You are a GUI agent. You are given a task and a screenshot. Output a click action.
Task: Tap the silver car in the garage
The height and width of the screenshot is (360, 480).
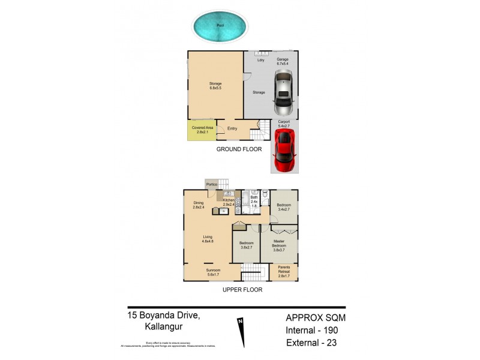(283, 94)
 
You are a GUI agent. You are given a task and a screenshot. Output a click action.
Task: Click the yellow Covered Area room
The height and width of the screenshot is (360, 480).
(202, 130)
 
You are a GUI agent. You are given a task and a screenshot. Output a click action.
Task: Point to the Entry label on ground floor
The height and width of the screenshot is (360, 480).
(232, 128)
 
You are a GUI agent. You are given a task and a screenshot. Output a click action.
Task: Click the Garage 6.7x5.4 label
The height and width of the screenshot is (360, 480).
(283, 62)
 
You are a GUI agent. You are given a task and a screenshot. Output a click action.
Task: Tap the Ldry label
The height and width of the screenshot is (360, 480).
(260, 60)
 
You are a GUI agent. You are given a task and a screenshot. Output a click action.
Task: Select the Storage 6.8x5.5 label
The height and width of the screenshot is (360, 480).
(215, 86)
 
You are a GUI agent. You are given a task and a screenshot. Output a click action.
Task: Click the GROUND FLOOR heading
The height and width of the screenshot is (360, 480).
(239, 149)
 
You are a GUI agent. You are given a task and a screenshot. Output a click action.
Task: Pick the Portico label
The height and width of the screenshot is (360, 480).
(211, 184)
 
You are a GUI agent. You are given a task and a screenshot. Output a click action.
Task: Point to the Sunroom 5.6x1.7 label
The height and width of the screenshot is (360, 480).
(214, 272)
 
